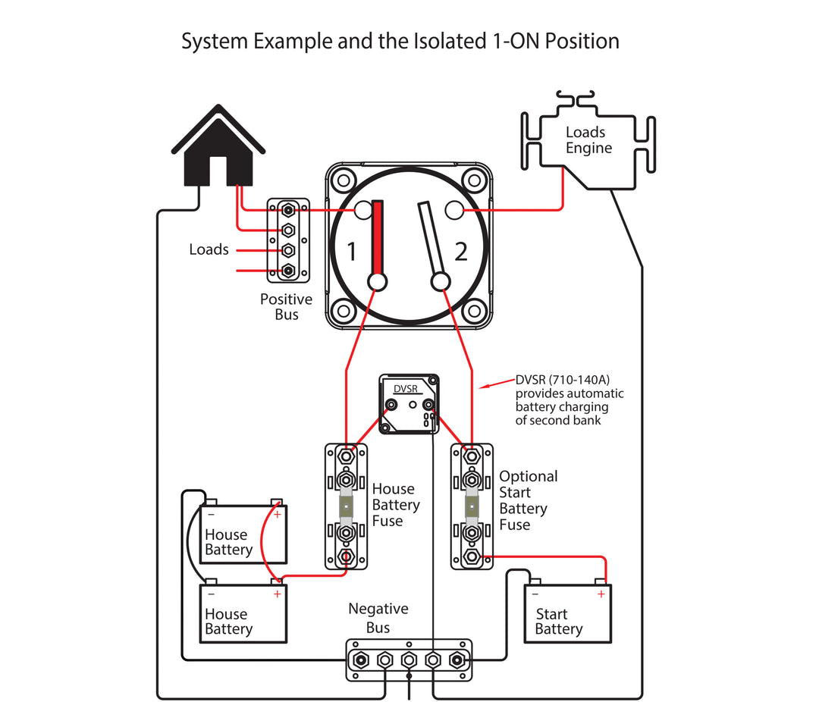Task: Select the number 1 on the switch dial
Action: [351, 251]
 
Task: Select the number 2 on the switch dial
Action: [461, 251]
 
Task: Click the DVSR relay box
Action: [409, 403]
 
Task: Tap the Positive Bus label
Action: [286, 307]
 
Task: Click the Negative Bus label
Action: [378, 618]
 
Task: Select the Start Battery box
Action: [567, 614]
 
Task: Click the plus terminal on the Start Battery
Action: [601, 594]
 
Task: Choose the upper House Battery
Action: [243, 534]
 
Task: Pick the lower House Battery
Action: [243, 614]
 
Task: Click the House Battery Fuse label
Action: [395, 505]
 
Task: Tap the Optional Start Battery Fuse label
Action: [528, 500]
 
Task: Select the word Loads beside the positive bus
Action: [209, 249]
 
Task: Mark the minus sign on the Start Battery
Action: [535, 594]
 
